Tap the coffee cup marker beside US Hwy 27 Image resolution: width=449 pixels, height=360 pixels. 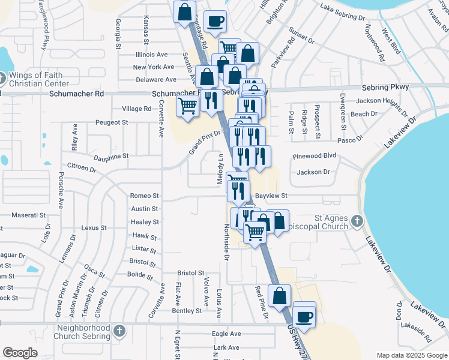304,316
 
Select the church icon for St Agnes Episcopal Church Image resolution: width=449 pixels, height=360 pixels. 357,221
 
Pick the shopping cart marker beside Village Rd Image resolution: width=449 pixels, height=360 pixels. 188,106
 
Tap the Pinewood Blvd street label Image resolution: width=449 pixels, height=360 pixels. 314,155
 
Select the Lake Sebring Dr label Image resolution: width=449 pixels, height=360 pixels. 343,8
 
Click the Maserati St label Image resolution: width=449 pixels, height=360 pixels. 29,215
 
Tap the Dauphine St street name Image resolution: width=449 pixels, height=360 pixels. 111,156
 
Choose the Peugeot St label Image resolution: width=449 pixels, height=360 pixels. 112,122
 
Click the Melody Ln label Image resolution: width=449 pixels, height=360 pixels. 220,169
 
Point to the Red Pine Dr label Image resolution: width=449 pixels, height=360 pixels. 259,300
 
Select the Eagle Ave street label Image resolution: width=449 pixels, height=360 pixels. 226,334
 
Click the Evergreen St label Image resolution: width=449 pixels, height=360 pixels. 343,112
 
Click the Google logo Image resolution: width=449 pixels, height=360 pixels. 20,353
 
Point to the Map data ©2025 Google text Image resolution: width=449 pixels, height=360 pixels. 411,355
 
